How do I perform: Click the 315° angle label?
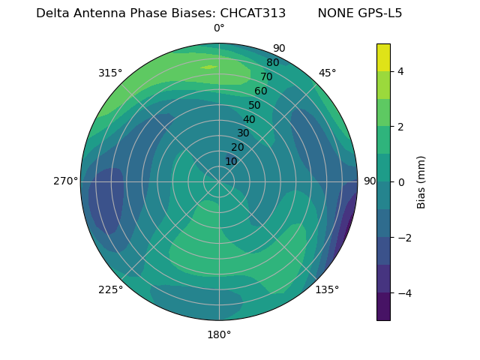click(110, 73)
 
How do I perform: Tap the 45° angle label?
click(328, 73)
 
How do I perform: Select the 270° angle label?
click(65, 181)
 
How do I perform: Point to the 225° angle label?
click(110, 290)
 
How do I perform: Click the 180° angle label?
click(219, 334)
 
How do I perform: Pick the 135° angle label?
click(327, 290)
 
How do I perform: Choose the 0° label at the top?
click(219, 28)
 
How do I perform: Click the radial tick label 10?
click(231, 161)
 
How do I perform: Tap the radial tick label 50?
click(255, 106)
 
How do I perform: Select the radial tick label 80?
click(273, 63)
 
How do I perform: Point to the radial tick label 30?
click(243, 133)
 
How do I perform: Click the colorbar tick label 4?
click(401, 71)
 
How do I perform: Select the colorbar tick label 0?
click(401, 182)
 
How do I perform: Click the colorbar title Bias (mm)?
click(421, 182)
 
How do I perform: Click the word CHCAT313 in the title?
click(253, 13)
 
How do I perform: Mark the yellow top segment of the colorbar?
click(383, 57)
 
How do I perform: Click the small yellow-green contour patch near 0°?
click(208, 67)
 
